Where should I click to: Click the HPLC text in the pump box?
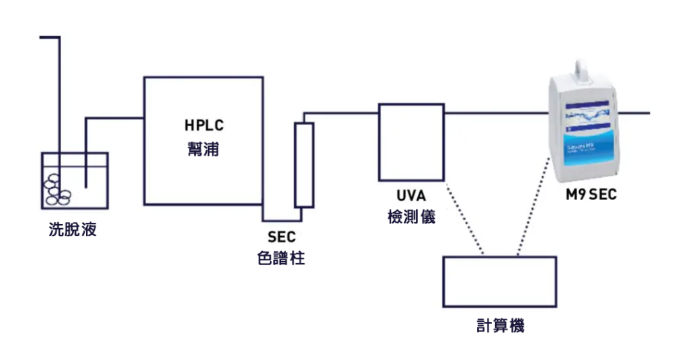[x=204, y=125]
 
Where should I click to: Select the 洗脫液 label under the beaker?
[x=73, y=230]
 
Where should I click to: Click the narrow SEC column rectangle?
[x=304, y=165]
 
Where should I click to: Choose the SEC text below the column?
[x=282, y=237]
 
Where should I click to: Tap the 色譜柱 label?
[x=282, y=258]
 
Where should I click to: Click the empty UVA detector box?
[x=411, y=142]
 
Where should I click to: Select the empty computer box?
[x=499, y=282]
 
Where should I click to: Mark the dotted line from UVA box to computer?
[x=464, y=218]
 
